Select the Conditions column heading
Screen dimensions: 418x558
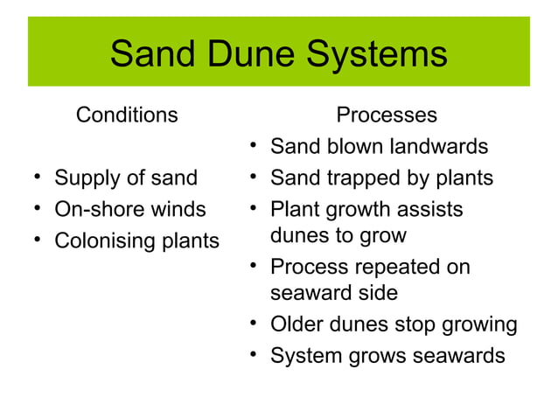(x=128, y=115)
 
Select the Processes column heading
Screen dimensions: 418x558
(x=387, y=115)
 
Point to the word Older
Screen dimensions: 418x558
(x=296, y=324)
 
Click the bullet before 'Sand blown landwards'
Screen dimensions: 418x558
(x=252, y=145)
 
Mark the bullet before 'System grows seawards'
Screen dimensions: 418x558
(x=252, y=355)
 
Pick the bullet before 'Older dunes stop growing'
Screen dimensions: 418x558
(x=252, y=324)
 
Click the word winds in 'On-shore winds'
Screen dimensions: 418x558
(x=178, y=210)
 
